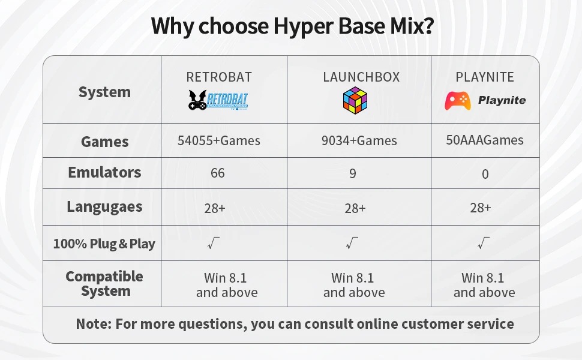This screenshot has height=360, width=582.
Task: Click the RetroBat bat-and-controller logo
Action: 218,100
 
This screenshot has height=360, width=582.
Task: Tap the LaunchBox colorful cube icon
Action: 355,100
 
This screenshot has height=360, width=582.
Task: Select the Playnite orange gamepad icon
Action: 458,101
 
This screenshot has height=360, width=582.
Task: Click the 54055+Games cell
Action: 218,140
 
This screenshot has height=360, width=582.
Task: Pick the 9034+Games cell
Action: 359,140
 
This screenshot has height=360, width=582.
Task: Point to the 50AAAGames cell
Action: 485,140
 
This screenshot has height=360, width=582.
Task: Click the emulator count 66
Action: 218,173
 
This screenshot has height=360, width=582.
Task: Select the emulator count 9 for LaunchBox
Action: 353,173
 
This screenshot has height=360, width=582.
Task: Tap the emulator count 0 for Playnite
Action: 485,174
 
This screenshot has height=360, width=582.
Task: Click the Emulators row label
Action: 104,172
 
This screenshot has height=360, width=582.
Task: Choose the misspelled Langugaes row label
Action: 104,207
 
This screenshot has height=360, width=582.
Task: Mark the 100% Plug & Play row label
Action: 104,244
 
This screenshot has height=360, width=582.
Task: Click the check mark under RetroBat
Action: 214,243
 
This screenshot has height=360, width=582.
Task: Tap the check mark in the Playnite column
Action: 484,243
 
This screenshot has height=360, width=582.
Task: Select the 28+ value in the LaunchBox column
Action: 355,208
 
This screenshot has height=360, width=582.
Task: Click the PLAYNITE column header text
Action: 485,77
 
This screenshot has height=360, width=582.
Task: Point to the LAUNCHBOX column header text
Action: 361,77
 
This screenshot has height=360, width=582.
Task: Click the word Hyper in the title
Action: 303,26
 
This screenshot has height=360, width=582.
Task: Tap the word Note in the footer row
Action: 94,324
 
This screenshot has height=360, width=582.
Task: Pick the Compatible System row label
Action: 104,284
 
